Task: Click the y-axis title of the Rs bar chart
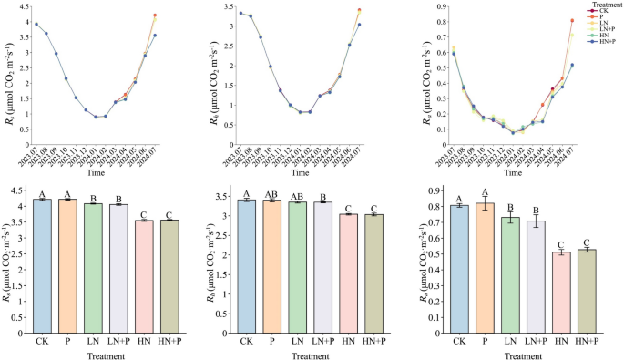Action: click(8, 260)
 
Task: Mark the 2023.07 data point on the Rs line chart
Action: click(36, 25)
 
